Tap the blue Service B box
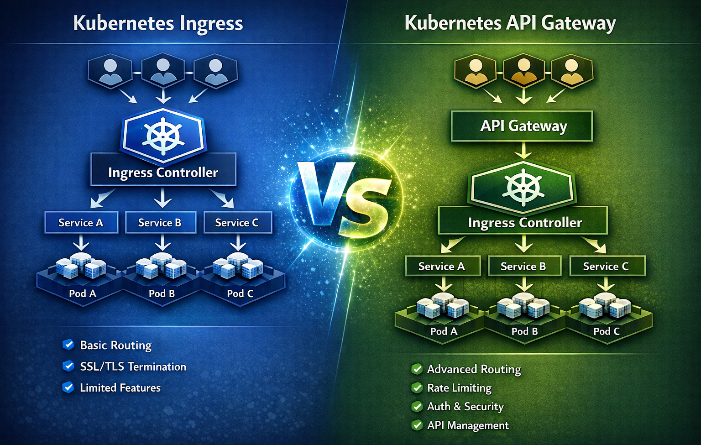[x=160, y=222]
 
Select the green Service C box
[x=607, y=266]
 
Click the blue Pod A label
[x=83, y=293]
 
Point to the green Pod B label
[x=524, y=331]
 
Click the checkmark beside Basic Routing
[x=68, y=345]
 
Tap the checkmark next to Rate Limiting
[x=417, y=388]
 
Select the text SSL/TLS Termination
[x=133, y=366]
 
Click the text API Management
[x=468, y=425]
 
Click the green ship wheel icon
[x=523, y=187]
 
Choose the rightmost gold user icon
[x=572, y=71]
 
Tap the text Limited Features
[x=120, y=388]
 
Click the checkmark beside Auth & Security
[x=417, y=406]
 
